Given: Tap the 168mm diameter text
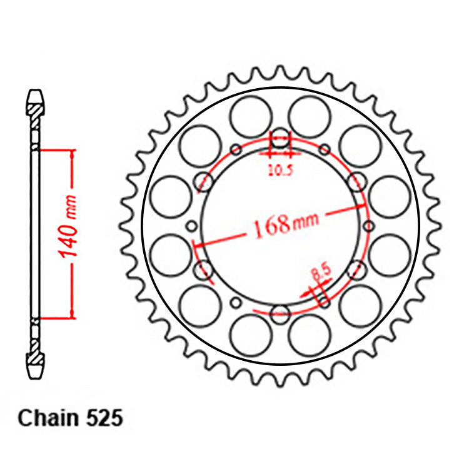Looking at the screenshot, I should (x=285, y=222).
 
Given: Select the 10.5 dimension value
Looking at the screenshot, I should (x=280, y=169).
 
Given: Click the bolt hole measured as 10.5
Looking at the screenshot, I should (x=281, y=143).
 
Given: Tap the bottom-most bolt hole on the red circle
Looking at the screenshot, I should (x=281, y=311).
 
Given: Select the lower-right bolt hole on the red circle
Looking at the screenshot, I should (x=357, y=270).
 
